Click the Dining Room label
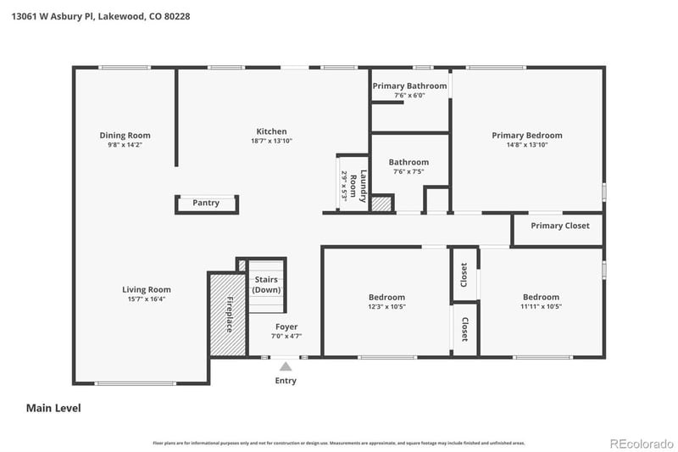point(125,136)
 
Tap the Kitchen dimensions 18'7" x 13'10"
point(271,142)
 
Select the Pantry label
point(206,204)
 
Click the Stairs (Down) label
point(266,284)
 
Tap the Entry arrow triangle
point(286,367)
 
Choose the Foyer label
point(286,326)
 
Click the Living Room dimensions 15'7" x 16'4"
point(147,299)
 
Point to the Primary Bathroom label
point(409,86)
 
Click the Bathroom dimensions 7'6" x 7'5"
point(408,172)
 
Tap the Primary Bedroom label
point(527,135)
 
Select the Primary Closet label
point(559,226)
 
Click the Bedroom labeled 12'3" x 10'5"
point(386,297)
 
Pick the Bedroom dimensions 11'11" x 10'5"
point(541,307)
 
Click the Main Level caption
point(53,408)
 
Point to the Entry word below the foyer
point(286,381)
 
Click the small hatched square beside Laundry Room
point(382,204)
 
